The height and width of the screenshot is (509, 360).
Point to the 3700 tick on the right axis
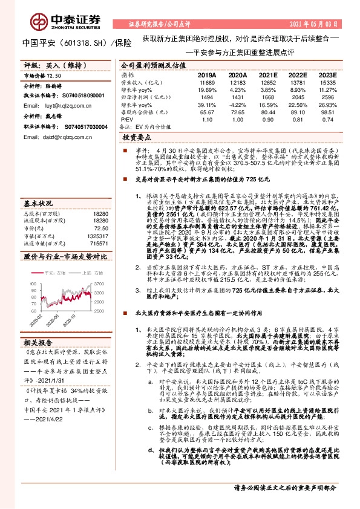tap(100, 250)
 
